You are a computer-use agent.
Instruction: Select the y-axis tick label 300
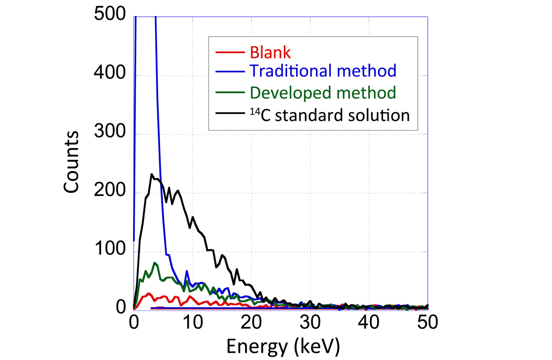(109, 134)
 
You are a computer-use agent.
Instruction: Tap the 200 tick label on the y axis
(109, 193)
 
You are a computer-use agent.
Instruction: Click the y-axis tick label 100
(109, 251)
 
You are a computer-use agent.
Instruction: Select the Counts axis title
(73, 162)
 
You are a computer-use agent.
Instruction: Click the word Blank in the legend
(270, 52)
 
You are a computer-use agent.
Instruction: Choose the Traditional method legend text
(323, 72)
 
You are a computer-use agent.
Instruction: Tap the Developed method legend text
(323, 93)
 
